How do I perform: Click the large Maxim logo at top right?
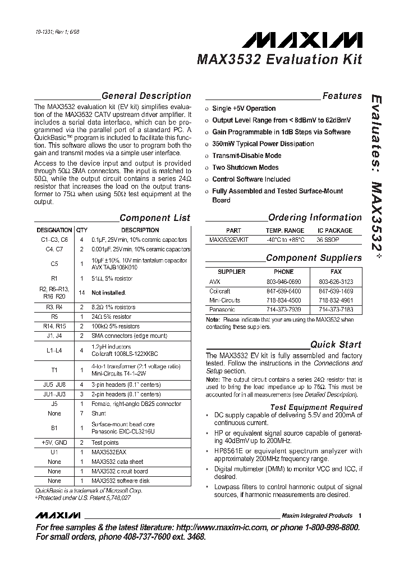pos(302,40)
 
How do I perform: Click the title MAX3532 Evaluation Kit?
pos(279,60)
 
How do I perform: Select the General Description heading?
pos(146,96)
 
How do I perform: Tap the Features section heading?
pos(342,96)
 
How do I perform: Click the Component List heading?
pos(155,218)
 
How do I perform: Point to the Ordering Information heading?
pos(315,218)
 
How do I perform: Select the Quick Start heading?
pos(336,345)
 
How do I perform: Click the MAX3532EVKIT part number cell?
pos(229,240)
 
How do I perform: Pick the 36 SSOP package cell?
pos(328,240)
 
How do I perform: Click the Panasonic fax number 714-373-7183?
pos(336,310)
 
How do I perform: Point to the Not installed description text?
pos(108,293)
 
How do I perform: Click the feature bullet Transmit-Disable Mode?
pos(246,156)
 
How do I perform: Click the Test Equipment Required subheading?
pos(316,407)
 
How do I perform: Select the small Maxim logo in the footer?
pos(58,515)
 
